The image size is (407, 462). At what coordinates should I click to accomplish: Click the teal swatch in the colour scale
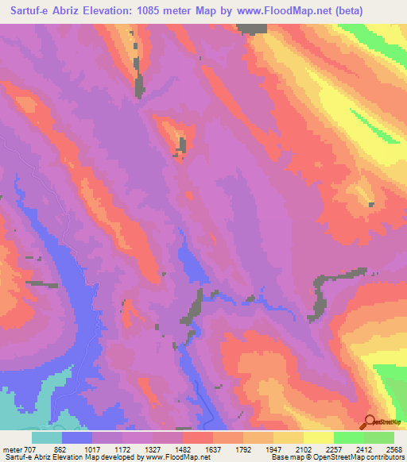click(x=47, y=437)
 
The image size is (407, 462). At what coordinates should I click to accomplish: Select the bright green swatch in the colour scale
click(x=348, y=437)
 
